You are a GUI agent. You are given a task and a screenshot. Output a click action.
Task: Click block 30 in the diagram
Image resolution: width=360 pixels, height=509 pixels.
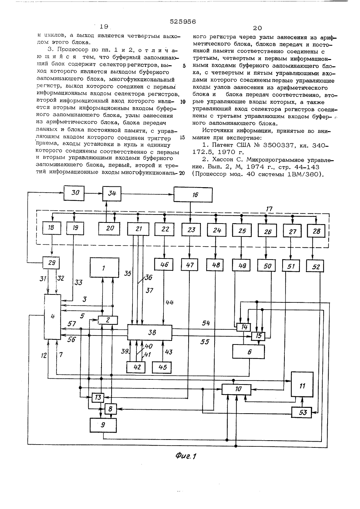coord(74,193)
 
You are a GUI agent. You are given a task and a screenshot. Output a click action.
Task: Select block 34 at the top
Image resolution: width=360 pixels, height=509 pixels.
coord(112,194)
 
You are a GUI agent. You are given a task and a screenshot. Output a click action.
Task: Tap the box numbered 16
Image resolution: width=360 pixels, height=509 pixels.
coord(193,194)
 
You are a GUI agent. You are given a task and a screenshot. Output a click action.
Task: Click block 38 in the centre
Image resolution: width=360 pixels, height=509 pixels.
coord(149,333)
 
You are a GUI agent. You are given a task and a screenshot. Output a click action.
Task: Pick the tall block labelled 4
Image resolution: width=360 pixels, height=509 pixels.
coord(53,317)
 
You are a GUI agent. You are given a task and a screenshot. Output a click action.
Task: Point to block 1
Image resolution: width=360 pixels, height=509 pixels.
coord(104,267)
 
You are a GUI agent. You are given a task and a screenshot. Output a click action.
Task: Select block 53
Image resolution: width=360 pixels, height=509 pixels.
coord(302,412)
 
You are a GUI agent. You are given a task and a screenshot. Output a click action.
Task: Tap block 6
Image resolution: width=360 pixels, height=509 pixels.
coord(248,352)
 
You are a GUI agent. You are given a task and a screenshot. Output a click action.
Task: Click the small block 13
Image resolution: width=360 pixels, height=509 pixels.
coord(98,397)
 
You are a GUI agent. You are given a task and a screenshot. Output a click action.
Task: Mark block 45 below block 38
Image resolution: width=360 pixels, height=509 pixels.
coord(162,367)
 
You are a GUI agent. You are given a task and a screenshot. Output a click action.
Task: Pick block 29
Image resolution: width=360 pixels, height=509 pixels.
coord(51,263)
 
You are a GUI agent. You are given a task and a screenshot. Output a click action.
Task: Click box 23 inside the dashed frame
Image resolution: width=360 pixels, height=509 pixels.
coord(190,230)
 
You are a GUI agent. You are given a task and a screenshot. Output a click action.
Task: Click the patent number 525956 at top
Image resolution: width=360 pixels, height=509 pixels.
coord(183,22)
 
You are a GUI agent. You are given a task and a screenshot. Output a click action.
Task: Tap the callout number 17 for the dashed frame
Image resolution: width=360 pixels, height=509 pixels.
coord(269,208)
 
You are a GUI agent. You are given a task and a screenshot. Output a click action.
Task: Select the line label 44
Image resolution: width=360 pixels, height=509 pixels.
coord(170,302)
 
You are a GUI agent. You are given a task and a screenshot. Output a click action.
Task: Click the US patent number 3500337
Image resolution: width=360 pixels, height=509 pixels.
coord(278,145)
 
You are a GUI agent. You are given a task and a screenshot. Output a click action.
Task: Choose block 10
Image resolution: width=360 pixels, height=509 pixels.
coord(237,389)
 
